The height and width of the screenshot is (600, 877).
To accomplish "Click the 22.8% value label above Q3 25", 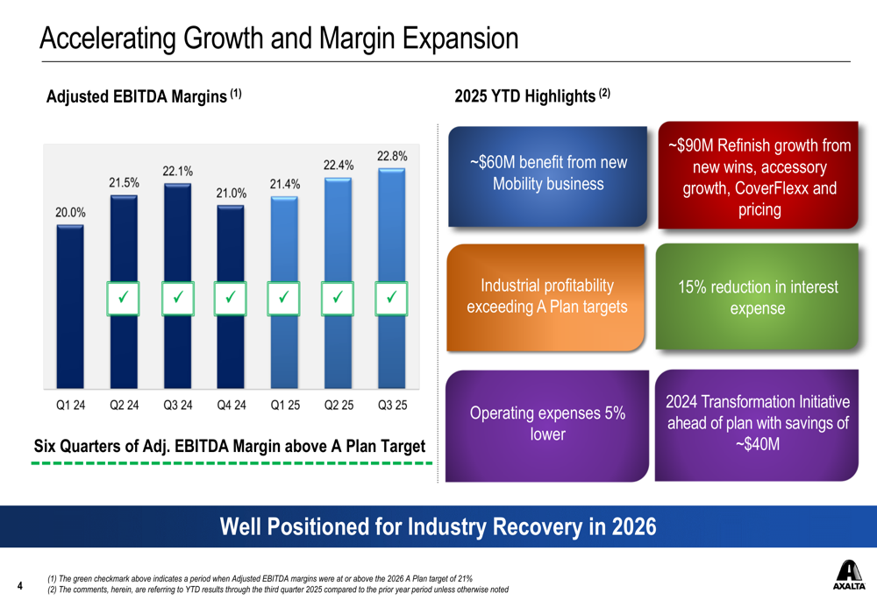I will click(392, 156).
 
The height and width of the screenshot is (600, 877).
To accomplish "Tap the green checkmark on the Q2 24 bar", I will click(124, 298).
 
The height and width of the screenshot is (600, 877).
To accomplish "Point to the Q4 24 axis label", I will click(232, 406).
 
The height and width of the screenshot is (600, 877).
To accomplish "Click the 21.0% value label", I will click(232, 193).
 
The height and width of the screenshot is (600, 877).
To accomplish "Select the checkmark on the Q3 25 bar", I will click(392, 298).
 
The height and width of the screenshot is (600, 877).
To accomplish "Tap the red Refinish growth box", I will click(759, 178).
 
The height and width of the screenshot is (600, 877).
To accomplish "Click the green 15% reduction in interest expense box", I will click(758, 298).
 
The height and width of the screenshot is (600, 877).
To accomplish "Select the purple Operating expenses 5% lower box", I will click(547, 424).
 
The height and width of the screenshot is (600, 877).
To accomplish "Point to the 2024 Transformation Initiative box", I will click(758, 424).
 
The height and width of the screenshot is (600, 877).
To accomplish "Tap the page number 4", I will click(20, 584).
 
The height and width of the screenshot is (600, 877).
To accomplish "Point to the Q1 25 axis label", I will click(285, 406).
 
